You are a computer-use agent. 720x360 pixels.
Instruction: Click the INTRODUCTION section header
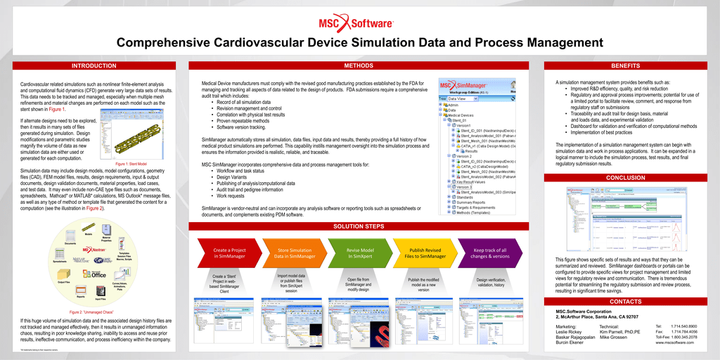[94, 66]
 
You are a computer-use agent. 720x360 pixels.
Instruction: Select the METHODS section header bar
[359, 66]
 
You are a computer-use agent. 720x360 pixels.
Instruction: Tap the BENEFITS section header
[626, 66]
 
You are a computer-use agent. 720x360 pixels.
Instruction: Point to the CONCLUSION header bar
[626, 178]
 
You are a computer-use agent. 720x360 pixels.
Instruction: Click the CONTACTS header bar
[626, 302]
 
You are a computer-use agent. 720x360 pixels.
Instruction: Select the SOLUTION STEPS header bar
[359, 226]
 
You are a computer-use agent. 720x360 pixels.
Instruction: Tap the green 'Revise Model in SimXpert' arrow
[359, 253]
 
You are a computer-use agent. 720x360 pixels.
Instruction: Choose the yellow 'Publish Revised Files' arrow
[425, 253]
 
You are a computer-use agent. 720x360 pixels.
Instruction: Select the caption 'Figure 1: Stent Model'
[131, 163]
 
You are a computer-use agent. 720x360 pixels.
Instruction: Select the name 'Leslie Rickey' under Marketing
[569, 331]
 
